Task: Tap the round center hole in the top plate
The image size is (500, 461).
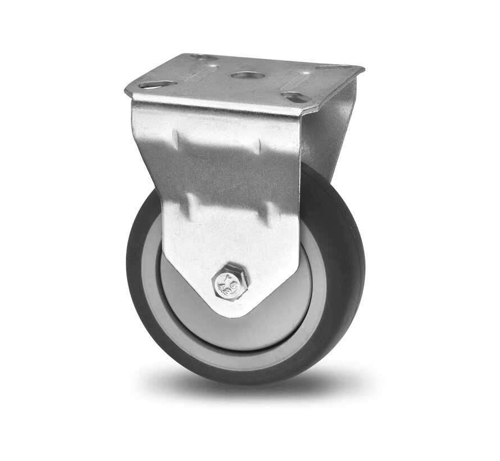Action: pos(246,76)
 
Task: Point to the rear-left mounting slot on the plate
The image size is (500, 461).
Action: pos(199,57)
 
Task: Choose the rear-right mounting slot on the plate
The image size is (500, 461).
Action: pos(328,68)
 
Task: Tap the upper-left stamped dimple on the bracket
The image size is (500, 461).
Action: pos(177,138)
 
